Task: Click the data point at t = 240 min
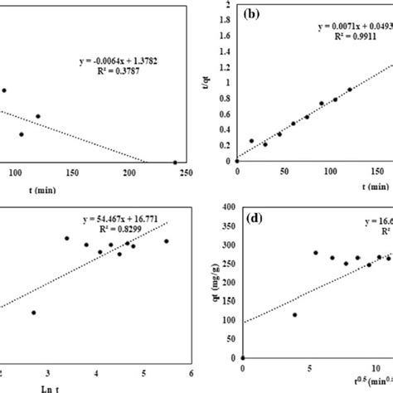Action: pos(175,163)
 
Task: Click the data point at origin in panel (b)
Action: pos(236,161)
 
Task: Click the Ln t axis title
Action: pos(97,386)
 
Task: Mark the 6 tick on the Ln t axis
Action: pos(192,372)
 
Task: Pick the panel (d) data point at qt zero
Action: pos(242,357)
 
